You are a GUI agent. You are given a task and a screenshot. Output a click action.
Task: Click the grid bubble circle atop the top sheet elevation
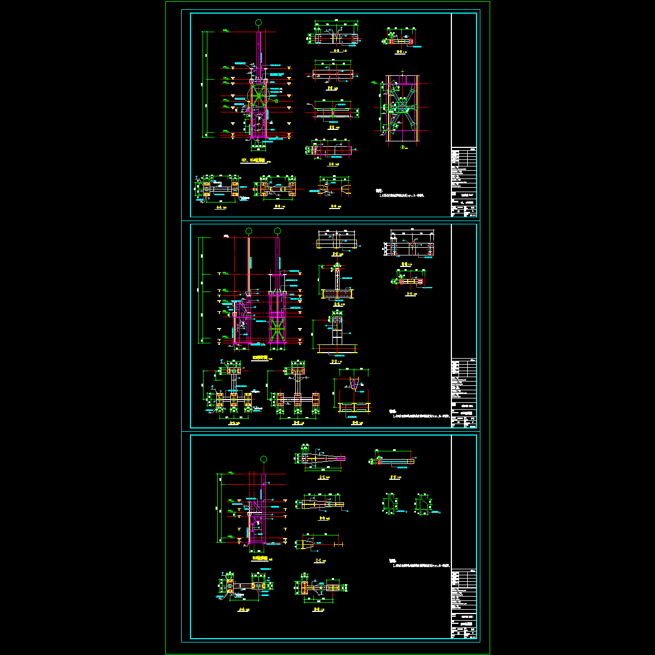click(x=258, y=22)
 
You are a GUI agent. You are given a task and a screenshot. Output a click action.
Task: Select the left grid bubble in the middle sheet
click(x=249, y=231)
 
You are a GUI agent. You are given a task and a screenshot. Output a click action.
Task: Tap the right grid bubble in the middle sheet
click(x=277, y=231)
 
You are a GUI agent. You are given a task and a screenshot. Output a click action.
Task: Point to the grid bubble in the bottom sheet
click(x=264, y=459)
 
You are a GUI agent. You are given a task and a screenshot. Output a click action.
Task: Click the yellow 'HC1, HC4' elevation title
click(x=253, y=161)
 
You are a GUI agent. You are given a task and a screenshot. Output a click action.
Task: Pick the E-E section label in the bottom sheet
click(x=322, y=477)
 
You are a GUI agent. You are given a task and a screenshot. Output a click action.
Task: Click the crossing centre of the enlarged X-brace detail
click(x=402, y=108)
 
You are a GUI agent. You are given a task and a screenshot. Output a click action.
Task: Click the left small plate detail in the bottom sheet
click(x=391, y=504)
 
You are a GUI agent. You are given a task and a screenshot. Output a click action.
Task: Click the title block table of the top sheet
click(x=464, y=183)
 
